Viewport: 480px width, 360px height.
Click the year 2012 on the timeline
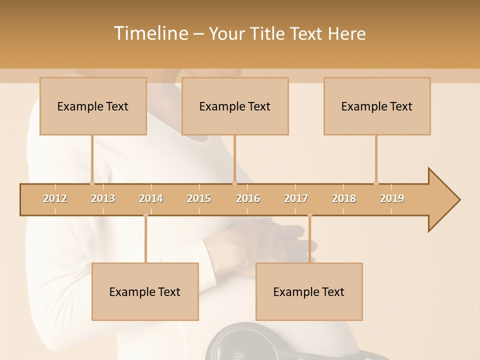(x=55, y=198)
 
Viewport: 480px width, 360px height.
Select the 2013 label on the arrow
(x=103, y=198)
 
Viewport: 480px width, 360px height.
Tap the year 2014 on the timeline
(x=151, y=198)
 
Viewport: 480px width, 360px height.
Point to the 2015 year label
(x=199, y=198)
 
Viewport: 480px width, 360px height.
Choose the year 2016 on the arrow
(x=248, y=198)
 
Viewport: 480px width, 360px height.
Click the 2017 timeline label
(x=296, y=198)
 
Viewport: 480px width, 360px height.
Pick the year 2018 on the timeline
(x=344, y=198)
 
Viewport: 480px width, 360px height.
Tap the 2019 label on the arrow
(x=392, y=198)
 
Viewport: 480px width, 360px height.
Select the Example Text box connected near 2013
(x=93, y=106)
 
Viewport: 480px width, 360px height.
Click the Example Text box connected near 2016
(x=235, y=106)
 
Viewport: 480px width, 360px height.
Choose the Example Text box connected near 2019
(x=377, y=106)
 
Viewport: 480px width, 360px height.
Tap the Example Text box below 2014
(x=145, y=291)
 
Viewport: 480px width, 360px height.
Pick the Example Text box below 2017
(x=309, y=291)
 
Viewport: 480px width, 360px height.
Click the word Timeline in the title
(x=149, y=33)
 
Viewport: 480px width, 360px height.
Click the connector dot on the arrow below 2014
(x=145, y=215)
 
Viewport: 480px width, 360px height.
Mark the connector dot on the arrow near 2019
(x=376, y=183)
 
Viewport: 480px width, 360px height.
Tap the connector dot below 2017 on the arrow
(x=309, y=215)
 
